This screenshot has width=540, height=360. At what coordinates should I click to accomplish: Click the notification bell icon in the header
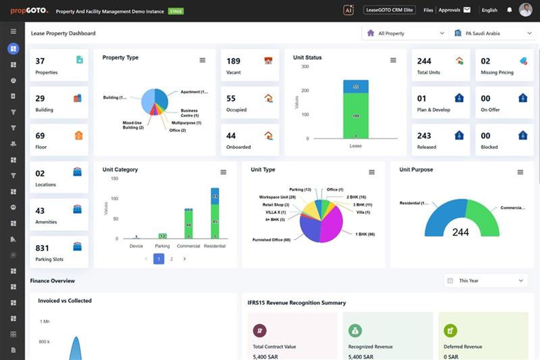pos(509,10)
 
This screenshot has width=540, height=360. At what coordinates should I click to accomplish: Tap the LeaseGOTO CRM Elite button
pos(389,10)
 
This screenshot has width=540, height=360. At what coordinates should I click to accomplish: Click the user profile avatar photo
pos(525,10)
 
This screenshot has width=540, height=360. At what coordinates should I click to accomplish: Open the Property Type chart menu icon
pos(202,60)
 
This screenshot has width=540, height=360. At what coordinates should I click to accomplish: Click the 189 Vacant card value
pos(233,61)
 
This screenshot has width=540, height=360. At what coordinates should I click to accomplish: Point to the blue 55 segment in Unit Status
pos(356,86)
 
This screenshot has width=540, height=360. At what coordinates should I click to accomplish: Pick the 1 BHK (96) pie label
pos(365,234)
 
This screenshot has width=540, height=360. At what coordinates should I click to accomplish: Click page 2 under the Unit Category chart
pos(171,259)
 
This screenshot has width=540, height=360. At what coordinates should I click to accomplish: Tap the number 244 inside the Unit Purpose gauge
pos(460,232)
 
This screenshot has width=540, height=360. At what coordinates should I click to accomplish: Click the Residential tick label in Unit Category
pos(215,246)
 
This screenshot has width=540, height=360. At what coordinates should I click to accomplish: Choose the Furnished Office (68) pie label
pos(271,240)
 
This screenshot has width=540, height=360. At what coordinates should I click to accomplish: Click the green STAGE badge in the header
pos(176,11)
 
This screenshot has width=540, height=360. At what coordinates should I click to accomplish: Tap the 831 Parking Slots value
pos(42,248)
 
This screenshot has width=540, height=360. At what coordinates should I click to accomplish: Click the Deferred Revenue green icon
pos(450,331)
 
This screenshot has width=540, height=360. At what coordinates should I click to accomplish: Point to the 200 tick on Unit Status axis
pos(305,91)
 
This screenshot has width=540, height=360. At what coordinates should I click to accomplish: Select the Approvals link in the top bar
pos(449,10)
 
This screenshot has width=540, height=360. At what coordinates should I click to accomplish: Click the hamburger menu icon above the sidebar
pos(13,31)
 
